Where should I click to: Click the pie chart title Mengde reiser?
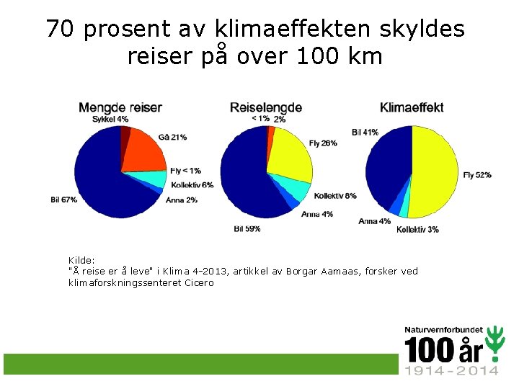(120, 108)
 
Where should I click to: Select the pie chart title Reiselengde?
(266, 108)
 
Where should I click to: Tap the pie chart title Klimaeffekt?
(412, 108)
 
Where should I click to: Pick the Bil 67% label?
(63, 200)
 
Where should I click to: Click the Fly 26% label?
(323, 143)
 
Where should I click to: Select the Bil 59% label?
(247, 228)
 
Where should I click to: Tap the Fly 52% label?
(476, 175)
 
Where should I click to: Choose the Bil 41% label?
(365, 132)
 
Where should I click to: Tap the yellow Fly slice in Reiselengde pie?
(288, 155)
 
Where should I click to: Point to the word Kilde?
(81, 260)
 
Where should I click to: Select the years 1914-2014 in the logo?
(451, 370)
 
